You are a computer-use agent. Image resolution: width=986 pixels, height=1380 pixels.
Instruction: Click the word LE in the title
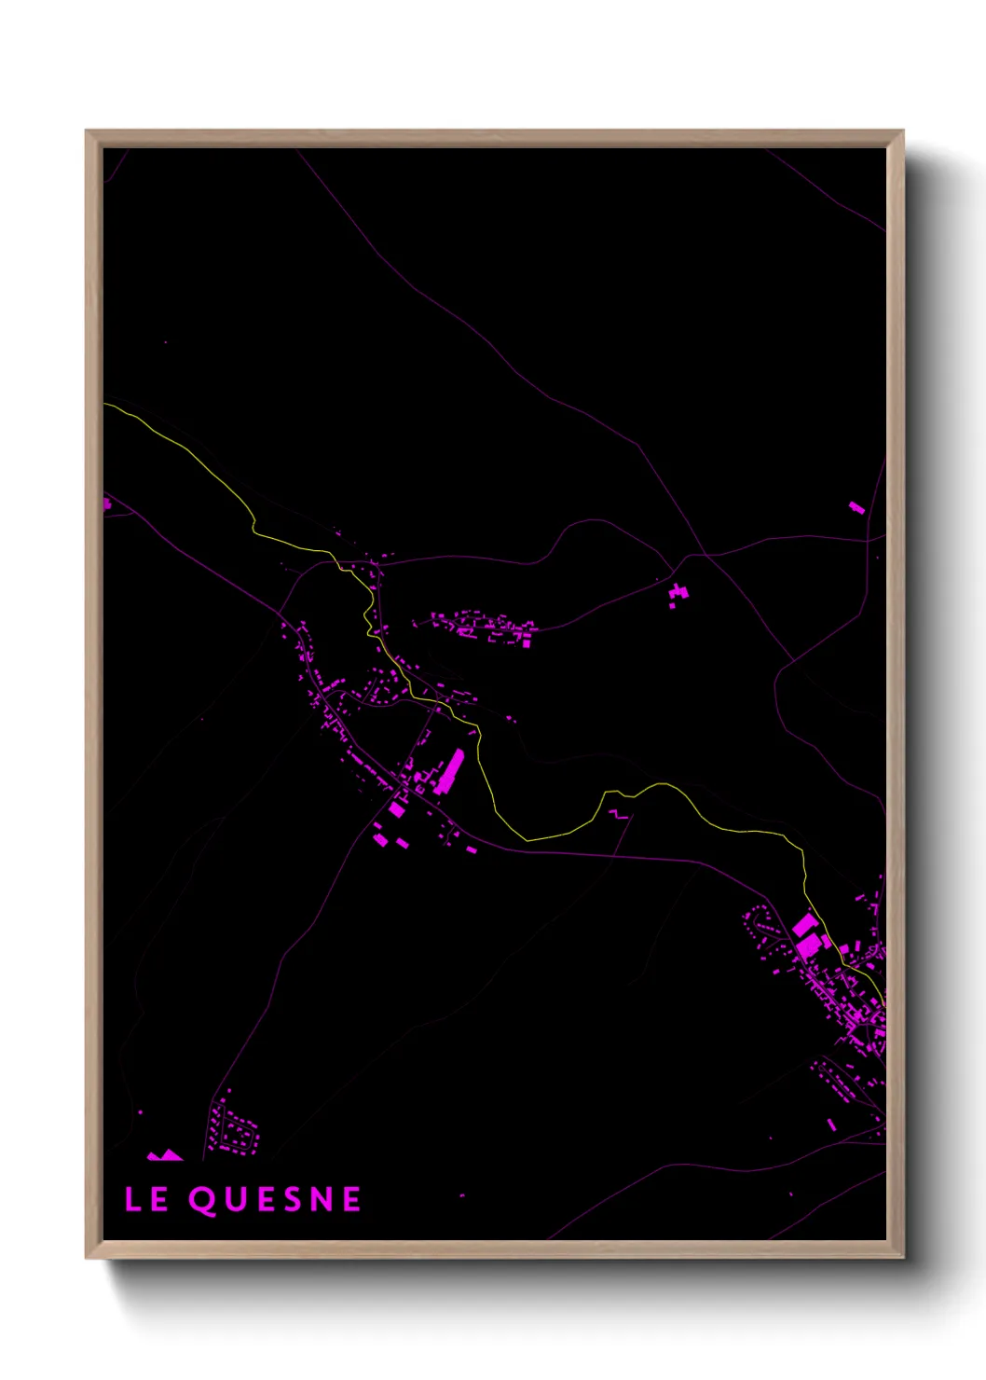[x=146, y=1200]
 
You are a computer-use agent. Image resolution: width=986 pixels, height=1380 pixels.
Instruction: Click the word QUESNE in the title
[x=275, y=1200]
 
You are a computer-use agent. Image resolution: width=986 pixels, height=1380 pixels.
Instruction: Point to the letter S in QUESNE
[x=296, y=1200]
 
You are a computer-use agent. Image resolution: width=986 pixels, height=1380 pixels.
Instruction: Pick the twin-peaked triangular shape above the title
[x=165, y=1155]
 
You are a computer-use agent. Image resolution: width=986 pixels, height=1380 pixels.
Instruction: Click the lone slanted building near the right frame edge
[x=856, y=507]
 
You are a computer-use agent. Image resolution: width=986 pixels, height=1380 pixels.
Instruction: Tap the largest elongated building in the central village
[x=450, y=771]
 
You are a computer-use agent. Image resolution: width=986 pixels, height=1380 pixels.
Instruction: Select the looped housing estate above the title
[x=232, y=1127]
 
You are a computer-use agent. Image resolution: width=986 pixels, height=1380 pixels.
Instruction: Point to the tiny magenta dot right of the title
[x=462, y=1195]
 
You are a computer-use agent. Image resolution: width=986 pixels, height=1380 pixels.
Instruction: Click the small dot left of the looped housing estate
[x=141, y=1112]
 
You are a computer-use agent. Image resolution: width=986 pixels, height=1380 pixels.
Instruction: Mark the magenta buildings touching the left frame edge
[x=106, y=504]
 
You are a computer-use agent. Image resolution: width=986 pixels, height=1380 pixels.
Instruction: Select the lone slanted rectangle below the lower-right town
[x=832, y=1125]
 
